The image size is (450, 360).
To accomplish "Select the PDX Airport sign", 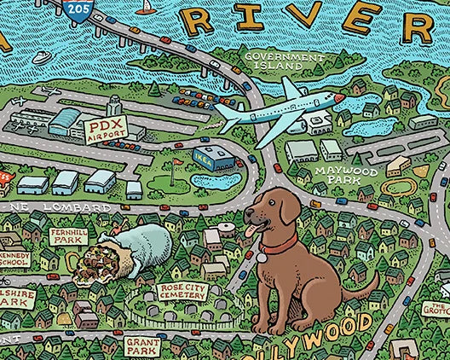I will [106, 131].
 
